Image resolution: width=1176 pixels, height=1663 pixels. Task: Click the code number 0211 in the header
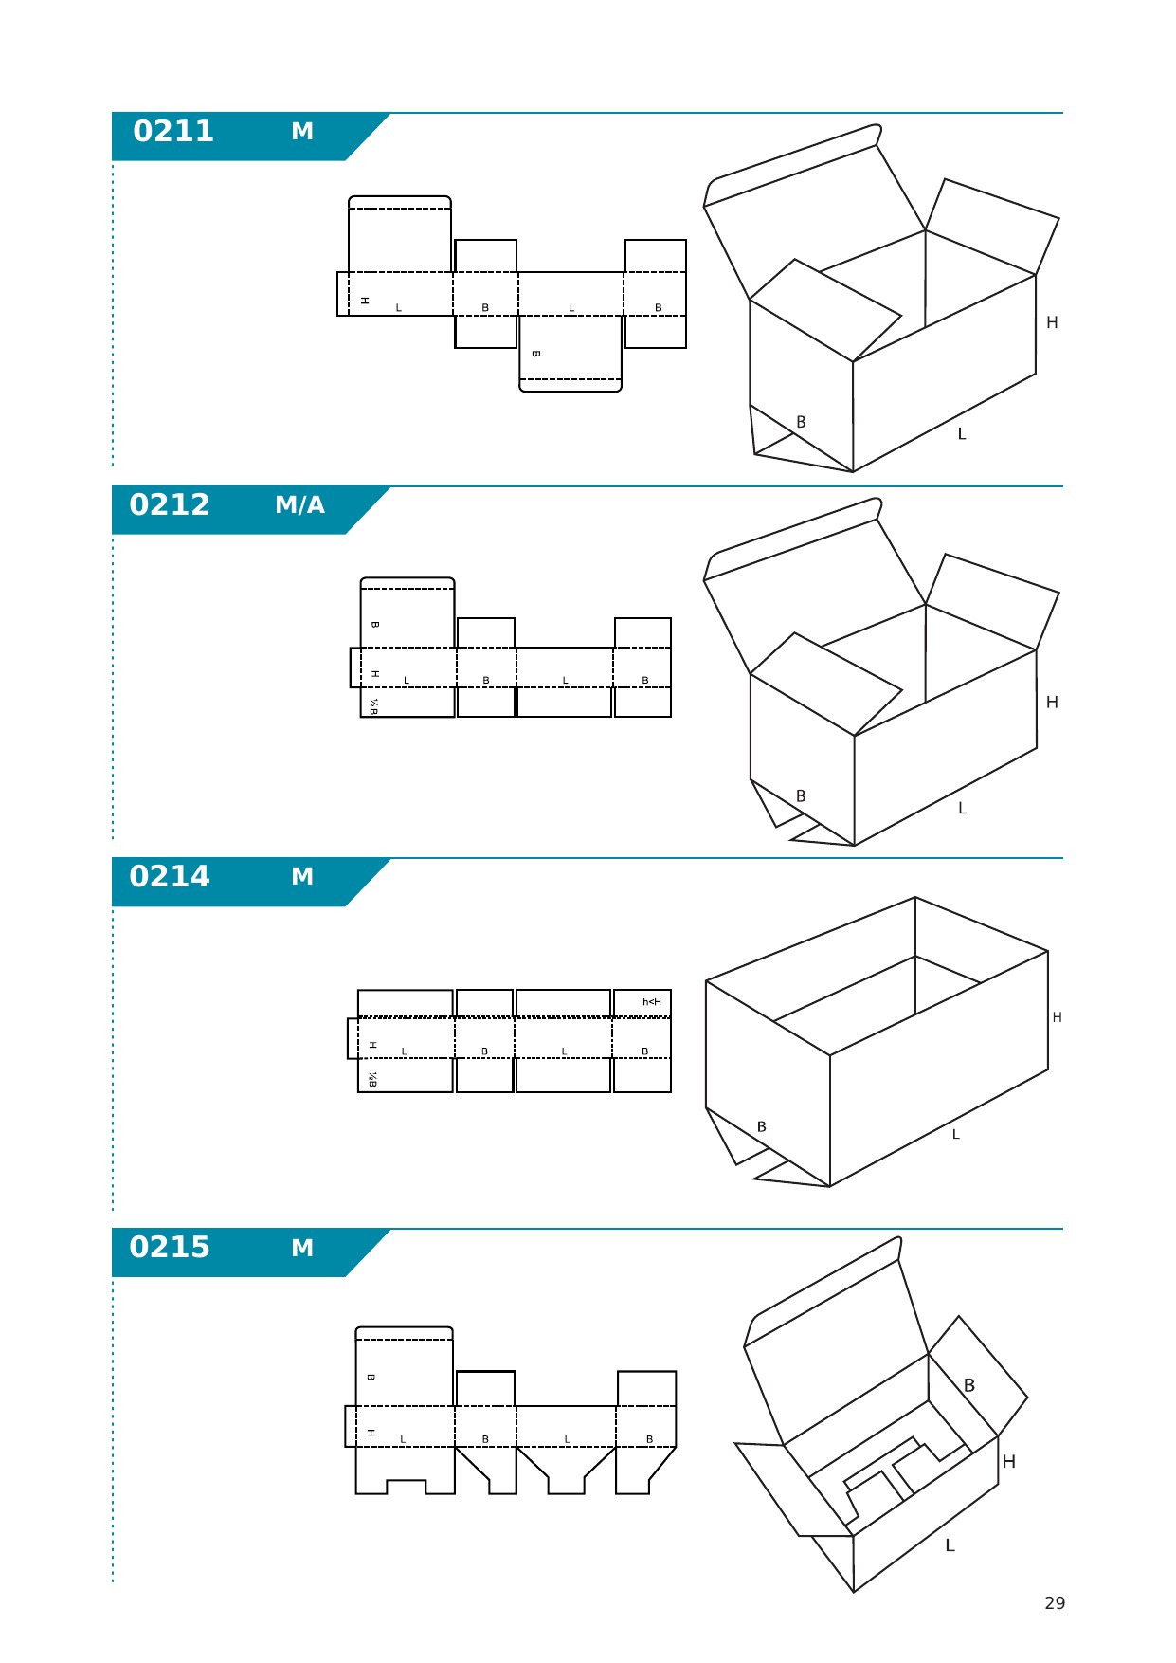pyautogui.click(x=173, y=131)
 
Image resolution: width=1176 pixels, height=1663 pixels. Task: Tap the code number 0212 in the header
pyautogui.click(x=170, y=504)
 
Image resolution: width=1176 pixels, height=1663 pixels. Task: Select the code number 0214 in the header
pyautogui.click(x=170, y=876)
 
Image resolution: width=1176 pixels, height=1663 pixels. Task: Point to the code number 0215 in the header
pyautogui.click(x=170, y=1247)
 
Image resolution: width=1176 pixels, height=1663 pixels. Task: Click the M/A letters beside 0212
pyautogui.click(x=300, y=505)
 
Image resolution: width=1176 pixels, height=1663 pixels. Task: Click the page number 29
pyautogui.click(x=1055, y=1603)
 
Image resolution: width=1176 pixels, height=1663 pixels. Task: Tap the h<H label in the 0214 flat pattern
pyautogui.click(x=652, y=1002)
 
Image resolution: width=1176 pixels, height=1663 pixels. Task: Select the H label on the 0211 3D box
pyautogui.click(x=1052, y=322)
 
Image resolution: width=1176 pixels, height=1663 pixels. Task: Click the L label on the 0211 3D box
pyautogui.click(x=962, y=434)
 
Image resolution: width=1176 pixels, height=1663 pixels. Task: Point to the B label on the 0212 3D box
pyautogui.click(x=801, y=796)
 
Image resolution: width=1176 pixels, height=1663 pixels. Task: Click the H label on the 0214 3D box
pyautogui.click(x=1058, y=1017)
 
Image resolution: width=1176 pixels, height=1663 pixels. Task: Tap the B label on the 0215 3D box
pyautogui.click(x=969, y=1385)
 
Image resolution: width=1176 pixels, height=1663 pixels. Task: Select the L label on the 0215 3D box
pyautogui.click(x=950, y=1545)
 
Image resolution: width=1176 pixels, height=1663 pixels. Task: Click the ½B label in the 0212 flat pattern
pyautogui.click(x=373, y=705)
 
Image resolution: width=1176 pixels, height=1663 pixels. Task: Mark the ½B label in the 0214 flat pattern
pyautogui.click(x=372, y=1079)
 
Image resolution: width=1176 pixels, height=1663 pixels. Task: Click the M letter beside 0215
pyautogui.click(x=302, y=1248)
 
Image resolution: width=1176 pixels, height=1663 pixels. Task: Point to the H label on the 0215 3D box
pyautogui.click(x=1009, y=1462)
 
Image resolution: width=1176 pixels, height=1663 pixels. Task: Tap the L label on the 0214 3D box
pyautogui.click(x=956, y=1135)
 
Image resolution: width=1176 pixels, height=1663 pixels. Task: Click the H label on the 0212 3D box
pyautogui.click(x=1052, y=703)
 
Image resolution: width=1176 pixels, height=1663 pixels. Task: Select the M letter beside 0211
pyautogui.click(x=302, y=131)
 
